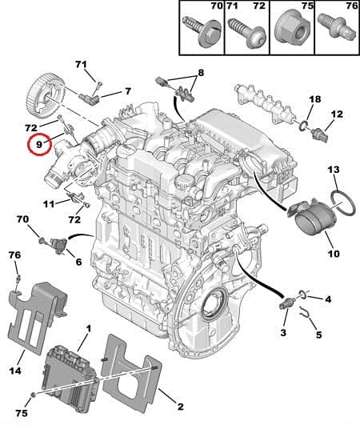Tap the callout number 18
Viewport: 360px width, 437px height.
[315, 99]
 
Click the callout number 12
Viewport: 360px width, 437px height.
[337, 114]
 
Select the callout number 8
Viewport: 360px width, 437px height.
[201, 74]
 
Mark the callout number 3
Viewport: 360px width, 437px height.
[283, 332]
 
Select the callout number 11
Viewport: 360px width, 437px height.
[49, 203]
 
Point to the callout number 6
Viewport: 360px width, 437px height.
[78, 262]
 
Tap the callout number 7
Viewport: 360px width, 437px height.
[127, 91]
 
